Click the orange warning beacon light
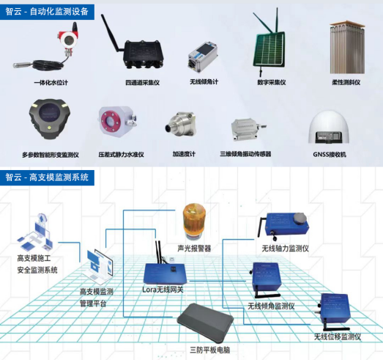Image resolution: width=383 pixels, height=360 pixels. tap(195, 221)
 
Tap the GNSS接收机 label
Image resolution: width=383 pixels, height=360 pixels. tap(330, 154)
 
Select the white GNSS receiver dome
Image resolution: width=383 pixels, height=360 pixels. tap(328, 128)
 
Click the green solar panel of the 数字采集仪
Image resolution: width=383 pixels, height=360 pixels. tap(269, 50)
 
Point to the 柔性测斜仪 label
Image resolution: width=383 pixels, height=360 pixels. tap(346, 82)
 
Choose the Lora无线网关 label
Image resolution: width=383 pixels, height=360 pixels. tap(163, 290)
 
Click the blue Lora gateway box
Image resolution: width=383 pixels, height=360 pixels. tap(165, 273)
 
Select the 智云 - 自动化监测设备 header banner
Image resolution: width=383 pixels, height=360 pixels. tap(47, 12)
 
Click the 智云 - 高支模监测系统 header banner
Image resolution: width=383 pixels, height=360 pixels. tap(47, 177)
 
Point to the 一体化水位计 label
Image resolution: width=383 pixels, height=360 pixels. tap(51, 82)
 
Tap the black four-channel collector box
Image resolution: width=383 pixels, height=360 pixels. tap(143, 54)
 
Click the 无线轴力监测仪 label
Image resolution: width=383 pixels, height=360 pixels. tap(286, 249)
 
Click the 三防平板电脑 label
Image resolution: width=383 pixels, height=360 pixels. tap(210, 350)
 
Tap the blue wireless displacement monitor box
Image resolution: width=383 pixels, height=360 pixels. tap(335, 309)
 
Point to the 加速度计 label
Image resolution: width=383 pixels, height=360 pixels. tap(184, 154)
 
